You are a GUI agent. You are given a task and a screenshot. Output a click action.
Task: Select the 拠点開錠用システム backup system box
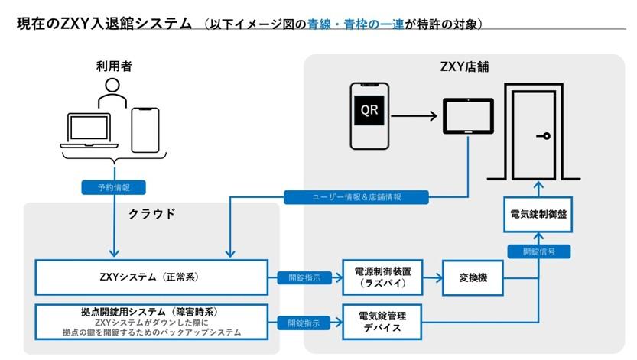[151, 322]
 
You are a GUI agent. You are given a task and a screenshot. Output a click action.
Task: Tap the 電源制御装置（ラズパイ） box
[382, 277]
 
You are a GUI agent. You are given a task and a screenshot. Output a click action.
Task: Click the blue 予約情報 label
[113, 186]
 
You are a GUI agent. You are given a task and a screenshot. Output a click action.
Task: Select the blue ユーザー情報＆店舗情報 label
[356, 196]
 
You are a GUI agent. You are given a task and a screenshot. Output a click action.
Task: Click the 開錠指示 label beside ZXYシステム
[304, 277]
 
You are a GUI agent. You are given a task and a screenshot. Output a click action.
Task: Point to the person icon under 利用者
[113, 93]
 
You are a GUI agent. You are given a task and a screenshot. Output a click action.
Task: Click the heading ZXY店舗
[463, 67]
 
